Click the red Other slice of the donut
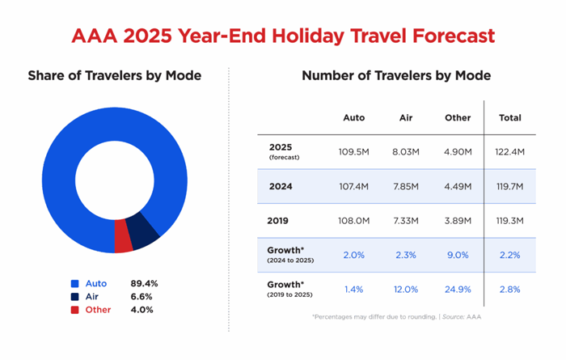(123, 236)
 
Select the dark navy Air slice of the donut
(145, 231)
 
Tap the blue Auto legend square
(74, 284)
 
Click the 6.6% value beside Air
(144, 297)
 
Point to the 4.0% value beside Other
(144, 310)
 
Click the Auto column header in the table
(354, 117)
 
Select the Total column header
(510, 117)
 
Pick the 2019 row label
(279, 220)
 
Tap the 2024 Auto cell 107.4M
(354, 186)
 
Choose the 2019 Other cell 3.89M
(458, 220)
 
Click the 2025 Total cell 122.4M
(510, 151)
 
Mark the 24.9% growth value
(458, 289)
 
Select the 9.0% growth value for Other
(458, 255)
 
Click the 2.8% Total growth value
(510, 289)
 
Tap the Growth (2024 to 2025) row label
(289, 254)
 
